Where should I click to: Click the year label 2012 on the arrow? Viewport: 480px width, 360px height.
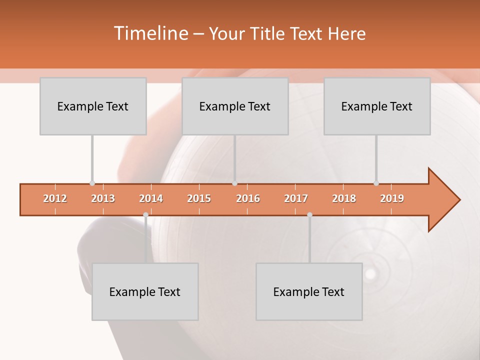55,198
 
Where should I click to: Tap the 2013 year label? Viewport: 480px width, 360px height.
103,198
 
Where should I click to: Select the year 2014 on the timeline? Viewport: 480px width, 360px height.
151,198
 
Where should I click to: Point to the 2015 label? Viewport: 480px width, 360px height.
199,198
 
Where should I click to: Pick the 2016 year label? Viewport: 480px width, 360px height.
248,198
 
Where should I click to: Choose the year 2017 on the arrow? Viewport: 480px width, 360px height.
296,198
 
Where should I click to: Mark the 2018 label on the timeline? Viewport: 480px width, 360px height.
344,198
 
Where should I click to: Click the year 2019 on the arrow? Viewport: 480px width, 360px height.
392,198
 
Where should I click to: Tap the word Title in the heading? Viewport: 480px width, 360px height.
269,33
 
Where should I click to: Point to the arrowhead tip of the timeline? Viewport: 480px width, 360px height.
458,200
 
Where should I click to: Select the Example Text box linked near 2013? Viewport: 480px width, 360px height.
93,106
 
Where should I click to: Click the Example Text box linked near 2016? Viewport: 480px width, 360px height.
235,106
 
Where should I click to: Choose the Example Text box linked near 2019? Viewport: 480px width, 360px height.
377,106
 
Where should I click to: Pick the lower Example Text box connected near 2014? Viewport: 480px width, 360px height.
145,292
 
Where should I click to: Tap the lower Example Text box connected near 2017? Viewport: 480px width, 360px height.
309,292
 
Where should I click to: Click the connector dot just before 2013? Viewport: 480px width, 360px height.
92,183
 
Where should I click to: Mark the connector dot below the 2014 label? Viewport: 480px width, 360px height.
145,214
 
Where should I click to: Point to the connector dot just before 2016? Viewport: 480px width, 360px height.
234,183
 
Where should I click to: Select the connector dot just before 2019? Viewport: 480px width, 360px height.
376,183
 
